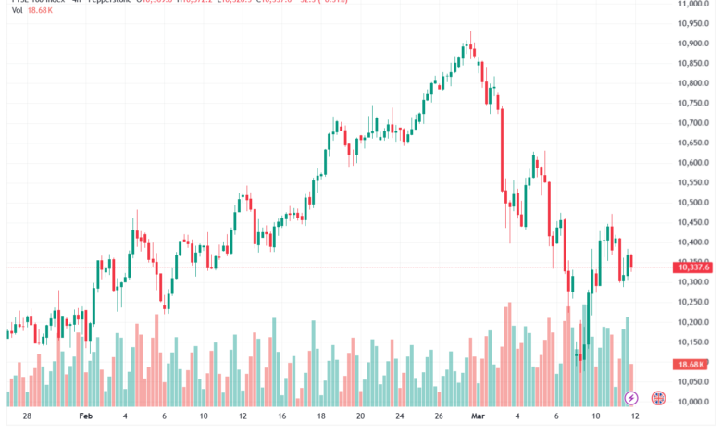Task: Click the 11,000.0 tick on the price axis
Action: point(694,4)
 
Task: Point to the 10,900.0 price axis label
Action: point(694,43)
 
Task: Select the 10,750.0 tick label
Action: point(694,103)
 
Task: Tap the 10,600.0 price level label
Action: point(694,163)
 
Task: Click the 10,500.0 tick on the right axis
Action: point(694,203)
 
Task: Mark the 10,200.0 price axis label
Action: point(694,322)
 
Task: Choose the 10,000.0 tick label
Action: point(694,402)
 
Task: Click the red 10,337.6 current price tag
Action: point(694,267)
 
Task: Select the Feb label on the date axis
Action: point(86,417)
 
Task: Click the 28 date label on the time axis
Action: point(27,417)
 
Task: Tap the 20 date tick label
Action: point(360,417)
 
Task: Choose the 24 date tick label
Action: point(399,417)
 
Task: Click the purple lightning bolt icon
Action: point(631,398)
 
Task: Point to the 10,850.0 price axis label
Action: point(694,63)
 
